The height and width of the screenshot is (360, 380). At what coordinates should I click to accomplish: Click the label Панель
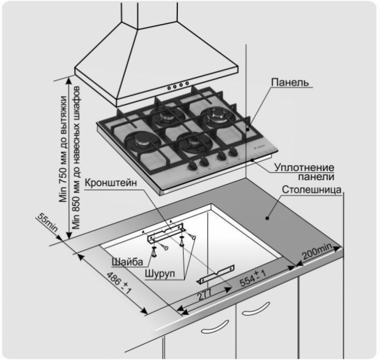(290, 83)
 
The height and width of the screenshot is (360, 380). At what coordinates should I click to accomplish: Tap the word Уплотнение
(304, 168)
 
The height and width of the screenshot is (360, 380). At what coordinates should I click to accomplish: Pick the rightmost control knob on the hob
(234, 152)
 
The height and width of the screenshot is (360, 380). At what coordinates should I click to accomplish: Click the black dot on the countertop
(268, 217)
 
